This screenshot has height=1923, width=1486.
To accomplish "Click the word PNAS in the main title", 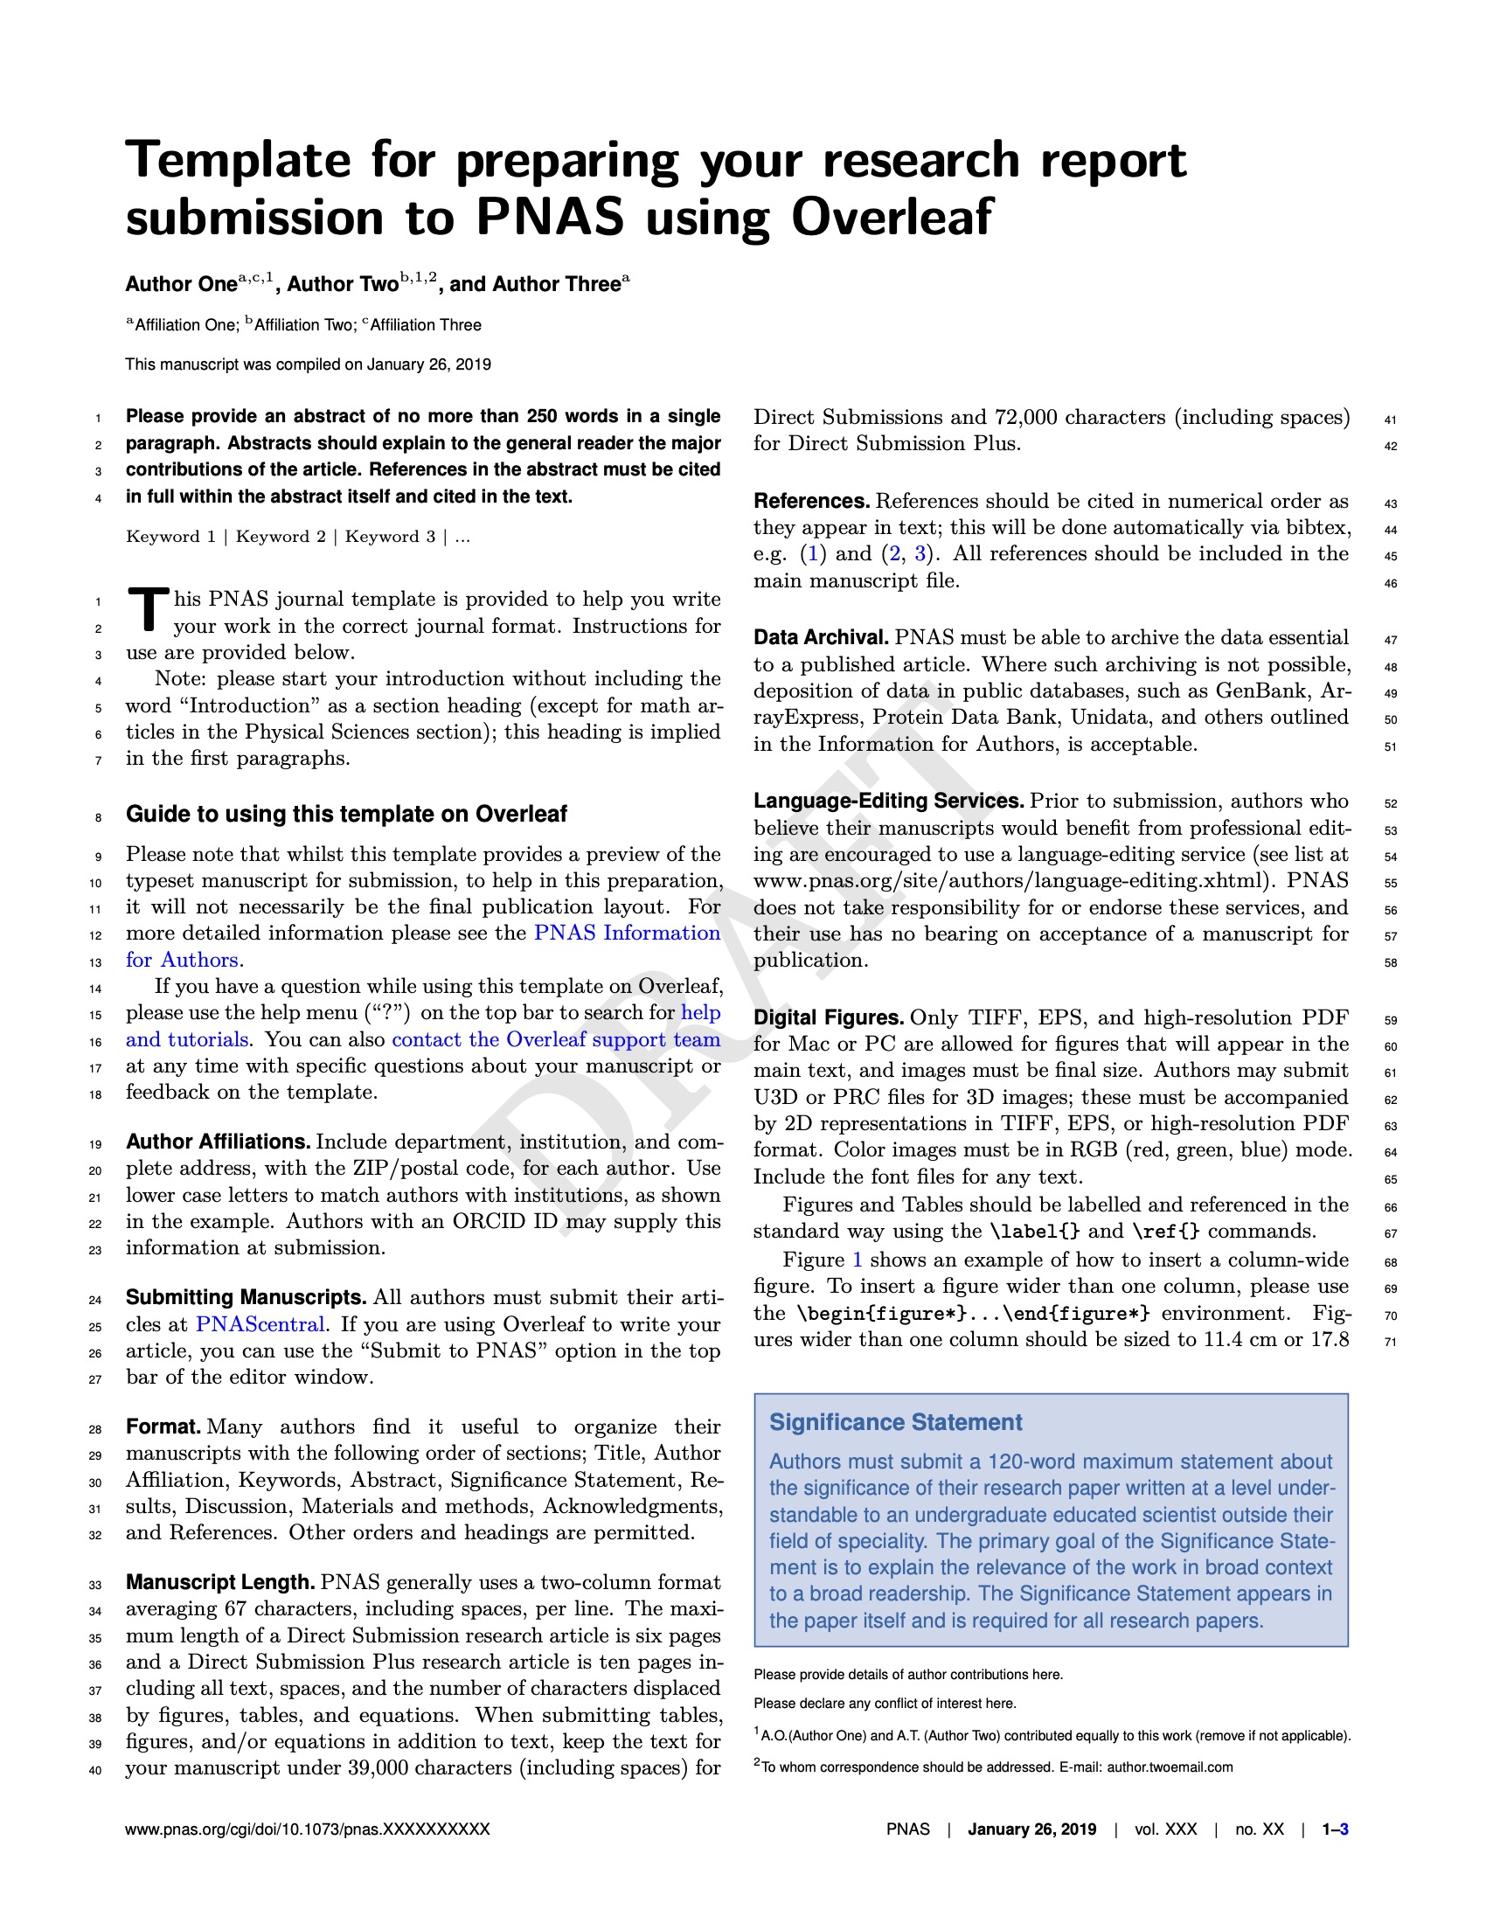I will click(550, 218).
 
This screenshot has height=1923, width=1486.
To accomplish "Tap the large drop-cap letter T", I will click(148, 609).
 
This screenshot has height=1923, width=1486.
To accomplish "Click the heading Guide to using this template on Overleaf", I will click(346, 814).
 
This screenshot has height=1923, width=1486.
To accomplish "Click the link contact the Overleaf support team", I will click(555, 1039).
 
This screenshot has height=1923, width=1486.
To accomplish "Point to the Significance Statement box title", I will click(895, 1422).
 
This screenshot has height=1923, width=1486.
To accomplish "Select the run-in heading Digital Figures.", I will click(829, 1017).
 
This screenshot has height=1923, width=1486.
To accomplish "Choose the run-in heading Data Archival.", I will click(821, 637).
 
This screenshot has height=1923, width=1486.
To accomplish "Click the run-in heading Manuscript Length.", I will click(220, 1582).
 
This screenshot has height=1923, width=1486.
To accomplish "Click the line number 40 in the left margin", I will click(96, 1770).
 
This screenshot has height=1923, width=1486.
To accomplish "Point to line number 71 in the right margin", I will click(1390, 1342).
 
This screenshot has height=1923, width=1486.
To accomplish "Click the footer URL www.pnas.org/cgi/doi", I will click(307, 1829).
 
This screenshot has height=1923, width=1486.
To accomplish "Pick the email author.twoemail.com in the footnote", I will click(1169, 1767).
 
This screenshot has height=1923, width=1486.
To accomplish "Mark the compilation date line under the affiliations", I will click(308, 364).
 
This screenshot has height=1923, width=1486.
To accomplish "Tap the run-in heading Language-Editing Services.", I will click(888, 802).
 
